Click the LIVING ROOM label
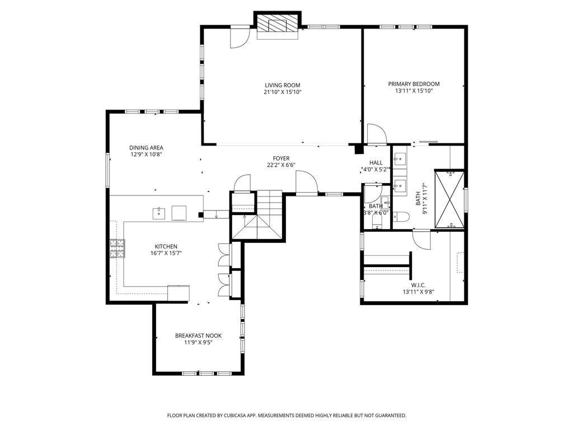[x=283, y=85]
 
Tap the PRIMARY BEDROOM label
[x=414, y=84]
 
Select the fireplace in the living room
[x=278, y=25]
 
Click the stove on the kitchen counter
[x=118, y=248]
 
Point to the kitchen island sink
[x=159, y=213]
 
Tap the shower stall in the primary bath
[x=449, y=199]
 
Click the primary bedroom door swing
[x=376, y=134]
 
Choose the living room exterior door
[x=240, y=38]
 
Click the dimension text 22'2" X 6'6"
[x=280, y=165]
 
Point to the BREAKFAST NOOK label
[x=198, y=336]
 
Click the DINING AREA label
[x=146, y=148]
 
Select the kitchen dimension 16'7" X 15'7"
[x=166, y=253]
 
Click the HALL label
[x=375, y=162]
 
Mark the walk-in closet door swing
[x=421, y=240]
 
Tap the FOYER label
[x=281, y=158]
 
